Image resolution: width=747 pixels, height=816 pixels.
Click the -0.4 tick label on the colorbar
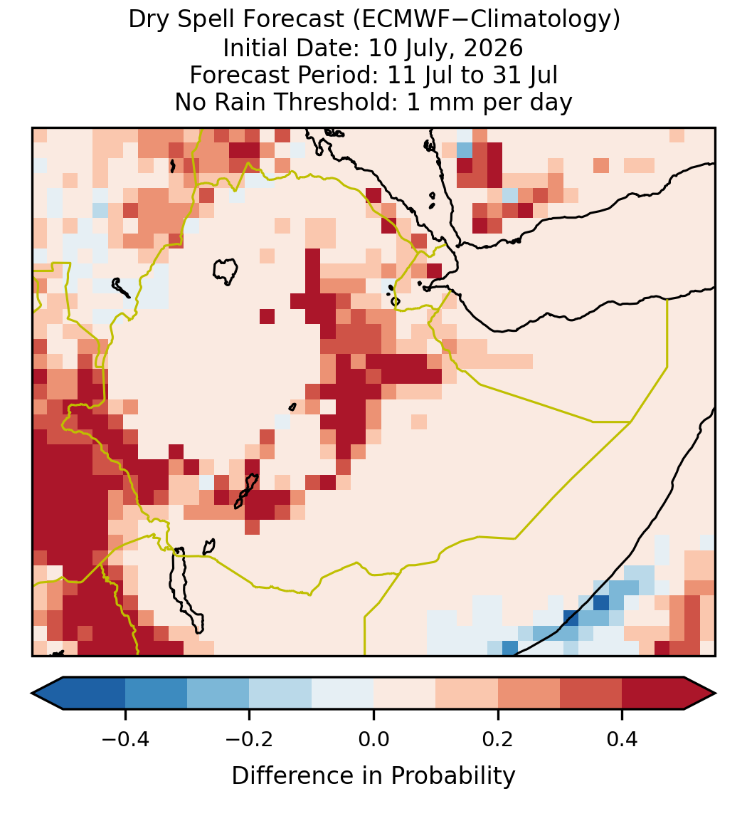pos(125,738)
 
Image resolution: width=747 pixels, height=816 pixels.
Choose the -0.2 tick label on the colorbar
pos(250,738)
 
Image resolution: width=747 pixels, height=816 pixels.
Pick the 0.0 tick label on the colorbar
pos(373,738)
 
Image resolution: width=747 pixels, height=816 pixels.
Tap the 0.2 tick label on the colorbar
pos(498,738)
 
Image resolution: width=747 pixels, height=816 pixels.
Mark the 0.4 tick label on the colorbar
pos(622,738)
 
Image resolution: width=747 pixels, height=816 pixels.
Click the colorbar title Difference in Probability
pos(373,776)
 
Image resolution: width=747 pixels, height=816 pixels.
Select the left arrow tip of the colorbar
pos(32,694)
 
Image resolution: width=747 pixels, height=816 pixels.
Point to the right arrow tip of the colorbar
pos(716,694)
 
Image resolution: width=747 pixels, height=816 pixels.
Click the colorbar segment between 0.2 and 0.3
pos(529,694)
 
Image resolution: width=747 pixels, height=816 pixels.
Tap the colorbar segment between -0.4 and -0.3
pos(156,694)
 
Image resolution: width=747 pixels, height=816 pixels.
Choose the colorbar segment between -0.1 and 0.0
pos(343,694)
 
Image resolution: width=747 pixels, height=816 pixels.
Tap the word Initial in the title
pos(254,48)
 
